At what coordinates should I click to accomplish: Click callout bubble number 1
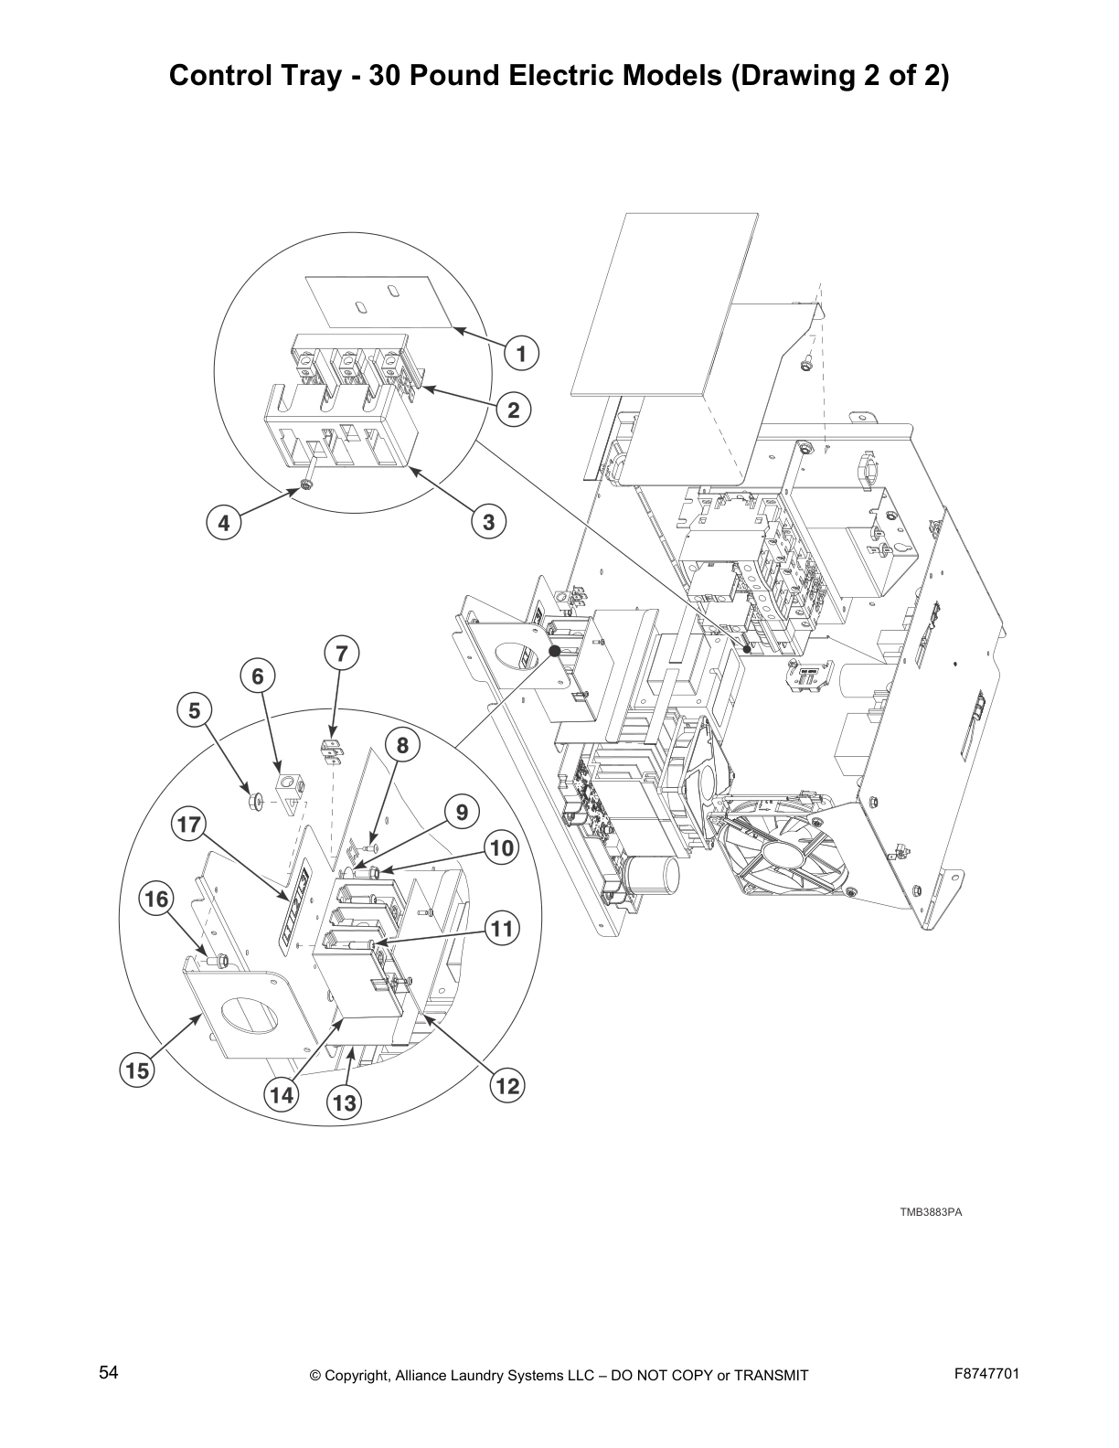coord(522,353)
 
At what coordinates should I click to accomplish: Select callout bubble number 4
coord(223,523)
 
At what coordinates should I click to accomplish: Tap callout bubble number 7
coord(341,654)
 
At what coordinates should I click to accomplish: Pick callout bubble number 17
coord(188,825)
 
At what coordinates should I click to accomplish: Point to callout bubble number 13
coord(345,1103)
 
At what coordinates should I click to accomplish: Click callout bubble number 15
coord(137,1070)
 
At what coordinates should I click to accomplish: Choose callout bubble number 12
coord(507,1086)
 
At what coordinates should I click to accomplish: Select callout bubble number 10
coord(502,848)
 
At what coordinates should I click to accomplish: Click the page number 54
coord(108,1372)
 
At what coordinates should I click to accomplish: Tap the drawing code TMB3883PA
coord(932,1212)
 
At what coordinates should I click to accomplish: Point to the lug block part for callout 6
coord(292,787)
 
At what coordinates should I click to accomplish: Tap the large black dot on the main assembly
coord(554,651)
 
